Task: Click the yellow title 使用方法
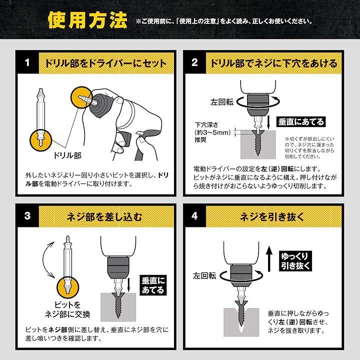(87, 20)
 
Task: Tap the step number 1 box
(27, 62)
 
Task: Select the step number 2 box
(194, 62)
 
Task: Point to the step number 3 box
(27, 216)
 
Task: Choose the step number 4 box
(194, 216)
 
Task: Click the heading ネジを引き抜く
(272, 216)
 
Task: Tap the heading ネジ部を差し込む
(104, 216)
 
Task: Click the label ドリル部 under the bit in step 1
(67, 155)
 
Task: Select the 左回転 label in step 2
(222, 102)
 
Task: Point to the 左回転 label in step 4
(204, 275)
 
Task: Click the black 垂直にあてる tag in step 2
(301, 121)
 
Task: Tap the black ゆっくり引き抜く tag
(295, 261)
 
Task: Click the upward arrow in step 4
(269, 259)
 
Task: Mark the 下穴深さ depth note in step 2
(212, 132)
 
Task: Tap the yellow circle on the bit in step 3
(67, 288)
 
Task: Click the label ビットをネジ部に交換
(67, 309)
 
